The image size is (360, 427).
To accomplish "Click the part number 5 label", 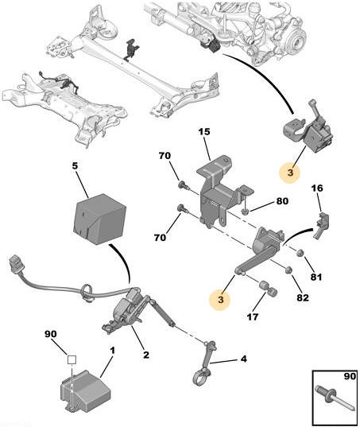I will pos(75,168).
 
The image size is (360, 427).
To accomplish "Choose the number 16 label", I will pos(317,189).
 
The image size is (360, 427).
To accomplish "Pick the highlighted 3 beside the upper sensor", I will pos(291,171).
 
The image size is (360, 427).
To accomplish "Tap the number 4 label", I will pos(244,359).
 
